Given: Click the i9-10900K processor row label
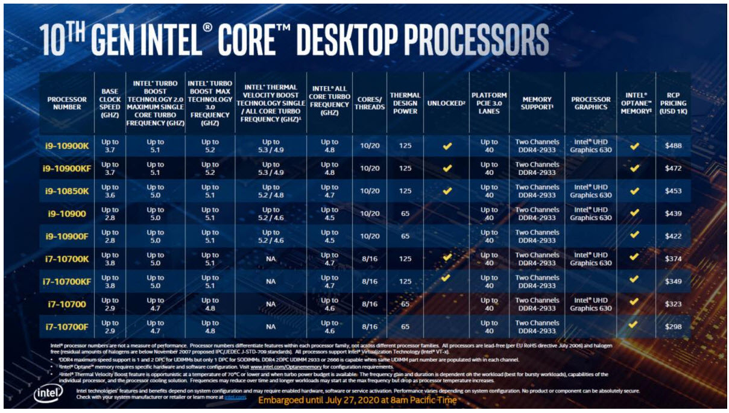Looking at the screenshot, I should click(67, 146).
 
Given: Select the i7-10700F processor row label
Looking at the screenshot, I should click(67, 327).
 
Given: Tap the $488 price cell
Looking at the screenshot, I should click(674, 146).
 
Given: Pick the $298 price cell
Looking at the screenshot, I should click(674, 327).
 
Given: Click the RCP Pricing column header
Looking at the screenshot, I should click(674, 103).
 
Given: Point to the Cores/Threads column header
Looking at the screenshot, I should click(370, 103).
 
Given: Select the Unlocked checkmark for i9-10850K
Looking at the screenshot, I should click(447, 191).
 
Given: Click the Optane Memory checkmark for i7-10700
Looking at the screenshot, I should click(634, 304).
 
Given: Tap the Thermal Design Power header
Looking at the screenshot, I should click(405, 103).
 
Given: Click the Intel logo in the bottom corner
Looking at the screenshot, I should click(46, 395).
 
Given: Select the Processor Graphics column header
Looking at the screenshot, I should click(590, 103).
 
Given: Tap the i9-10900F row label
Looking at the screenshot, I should click(67, 236).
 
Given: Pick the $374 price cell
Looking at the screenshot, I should click(674, 259).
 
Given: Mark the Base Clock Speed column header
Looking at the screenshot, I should click(110, 103).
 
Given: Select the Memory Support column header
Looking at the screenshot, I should click(537, 103).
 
